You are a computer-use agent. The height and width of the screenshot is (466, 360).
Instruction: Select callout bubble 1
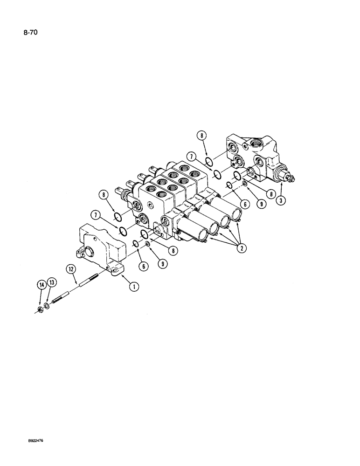click(x=134, y=287)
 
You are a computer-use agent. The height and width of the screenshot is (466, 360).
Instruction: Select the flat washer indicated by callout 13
click(x=47, y=306)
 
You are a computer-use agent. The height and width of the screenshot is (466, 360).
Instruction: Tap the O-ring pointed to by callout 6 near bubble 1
click(x=135, y=244)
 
